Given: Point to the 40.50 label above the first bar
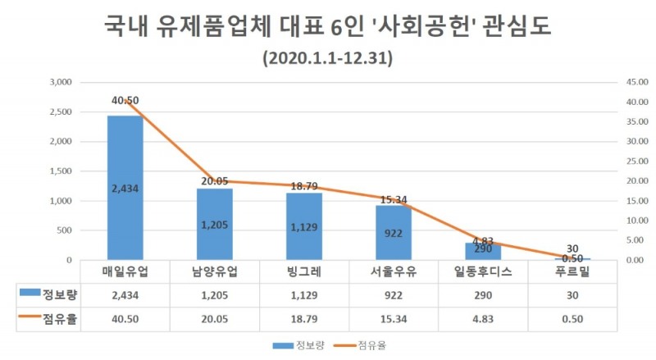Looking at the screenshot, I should pos(125,100).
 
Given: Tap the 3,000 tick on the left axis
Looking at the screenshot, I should pos(61,82).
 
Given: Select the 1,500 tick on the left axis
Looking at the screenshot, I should pos(61,171).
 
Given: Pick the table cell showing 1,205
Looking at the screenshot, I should pos(214,294).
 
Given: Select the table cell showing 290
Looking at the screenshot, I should pos(482,294).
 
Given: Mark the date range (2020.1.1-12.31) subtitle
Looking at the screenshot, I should pos(327,59).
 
